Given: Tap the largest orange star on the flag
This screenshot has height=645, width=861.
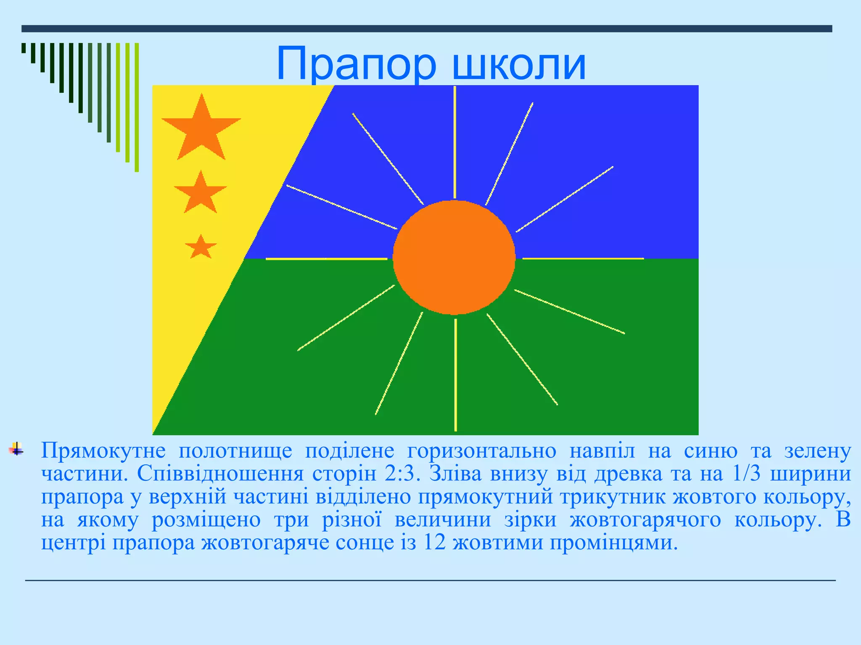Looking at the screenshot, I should (x=201, y=128).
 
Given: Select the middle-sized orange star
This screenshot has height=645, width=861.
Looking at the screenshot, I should (x=201, y=194).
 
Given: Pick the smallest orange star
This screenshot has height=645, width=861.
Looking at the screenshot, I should (x=201, y=248).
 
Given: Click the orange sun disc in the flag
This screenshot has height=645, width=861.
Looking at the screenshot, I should (x=454, y=257).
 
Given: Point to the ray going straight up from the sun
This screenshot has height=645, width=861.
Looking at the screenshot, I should (x=455, y=143).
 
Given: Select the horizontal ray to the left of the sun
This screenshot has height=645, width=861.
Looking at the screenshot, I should (x=326, y=259).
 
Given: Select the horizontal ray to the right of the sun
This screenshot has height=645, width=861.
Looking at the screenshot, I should (x=583, y=259).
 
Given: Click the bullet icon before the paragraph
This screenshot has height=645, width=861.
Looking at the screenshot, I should (x=16, y=448).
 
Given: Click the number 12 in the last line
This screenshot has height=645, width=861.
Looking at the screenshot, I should (x=434, y=543).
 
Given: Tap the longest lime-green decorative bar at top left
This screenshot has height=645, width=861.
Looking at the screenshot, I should (x=137, y=107).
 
